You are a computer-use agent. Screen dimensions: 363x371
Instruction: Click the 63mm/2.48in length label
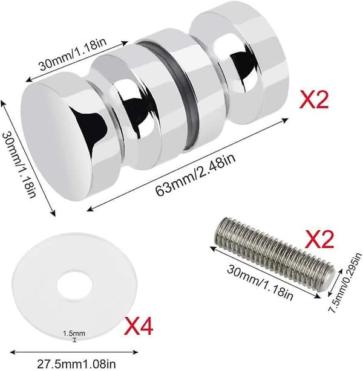[195, 175]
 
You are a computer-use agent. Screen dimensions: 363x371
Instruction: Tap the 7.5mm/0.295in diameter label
[345, 283]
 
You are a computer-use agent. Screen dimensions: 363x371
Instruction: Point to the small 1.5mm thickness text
[74, 334]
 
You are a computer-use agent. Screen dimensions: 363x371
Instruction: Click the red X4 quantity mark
[139, 326]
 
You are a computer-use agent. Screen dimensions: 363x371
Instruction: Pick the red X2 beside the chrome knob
[314, 100]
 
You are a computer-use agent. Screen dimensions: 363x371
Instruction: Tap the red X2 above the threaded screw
[319, 239]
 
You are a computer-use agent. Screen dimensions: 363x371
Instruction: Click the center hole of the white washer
[74, 286]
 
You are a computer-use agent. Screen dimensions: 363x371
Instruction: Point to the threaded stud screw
[275, 253]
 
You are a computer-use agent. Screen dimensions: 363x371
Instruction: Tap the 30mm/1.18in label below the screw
[260, 282]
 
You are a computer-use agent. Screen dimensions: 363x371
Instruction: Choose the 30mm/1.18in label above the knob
[73, 54]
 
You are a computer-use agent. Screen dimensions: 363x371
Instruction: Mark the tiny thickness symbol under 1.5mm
[75, 340]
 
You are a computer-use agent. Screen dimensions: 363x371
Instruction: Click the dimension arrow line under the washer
[74, 352]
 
